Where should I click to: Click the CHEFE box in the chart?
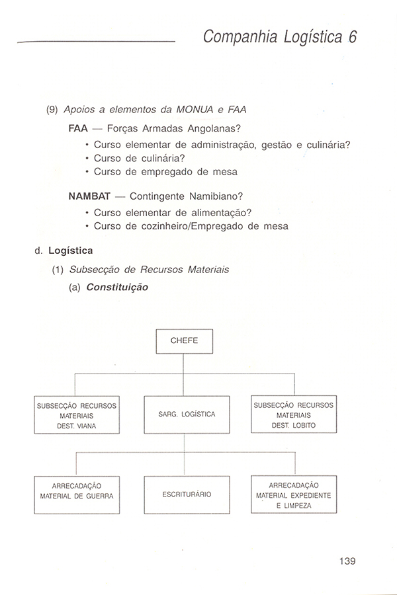pos(184,341)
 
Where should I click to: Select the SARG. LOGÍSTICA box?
pos(187,415)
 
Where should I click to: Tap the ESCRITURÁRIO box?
pos(187,495)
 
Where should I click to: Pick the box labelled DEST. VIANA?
pos(77,415)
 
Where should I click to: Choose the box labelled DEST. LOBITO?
pos(294,415)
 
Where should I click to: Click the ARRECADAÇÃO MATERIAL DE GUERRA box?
pos(77,495)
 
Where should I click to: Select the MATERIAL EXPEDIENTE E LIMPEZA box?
pos(294,495)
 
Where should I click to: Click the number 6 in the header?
pos(353,37)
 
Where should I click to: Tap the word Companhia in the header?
pos(234,37)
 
